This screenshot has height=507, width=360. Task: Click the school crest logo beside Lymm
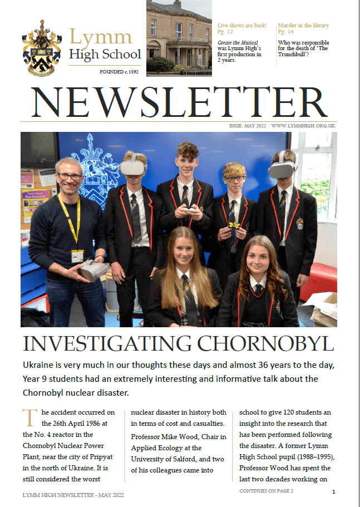click(x=42, y=49)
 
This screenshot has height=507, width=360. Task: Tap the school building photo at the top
click(x=179, y=38)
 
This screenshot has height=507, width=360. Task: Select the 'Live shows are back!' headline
click(x=242, y=26)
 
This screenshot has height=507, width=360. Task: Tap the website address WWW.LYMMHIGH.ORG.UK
click(x=303, y=126)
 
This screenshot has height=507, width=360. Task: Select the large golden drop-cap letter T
click(x=28, y=417)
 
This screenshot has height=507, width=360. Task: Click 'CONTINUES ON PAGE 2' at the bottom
click(x=266, y=491)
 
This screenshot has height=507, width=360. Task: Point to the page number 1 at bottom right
click(x=333, y=492)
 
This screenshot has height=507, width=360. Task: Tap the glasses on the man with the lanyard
click(x=70, y=177)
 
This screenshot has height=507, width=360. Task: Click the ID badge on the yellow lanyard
click(x=77, y=256)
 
